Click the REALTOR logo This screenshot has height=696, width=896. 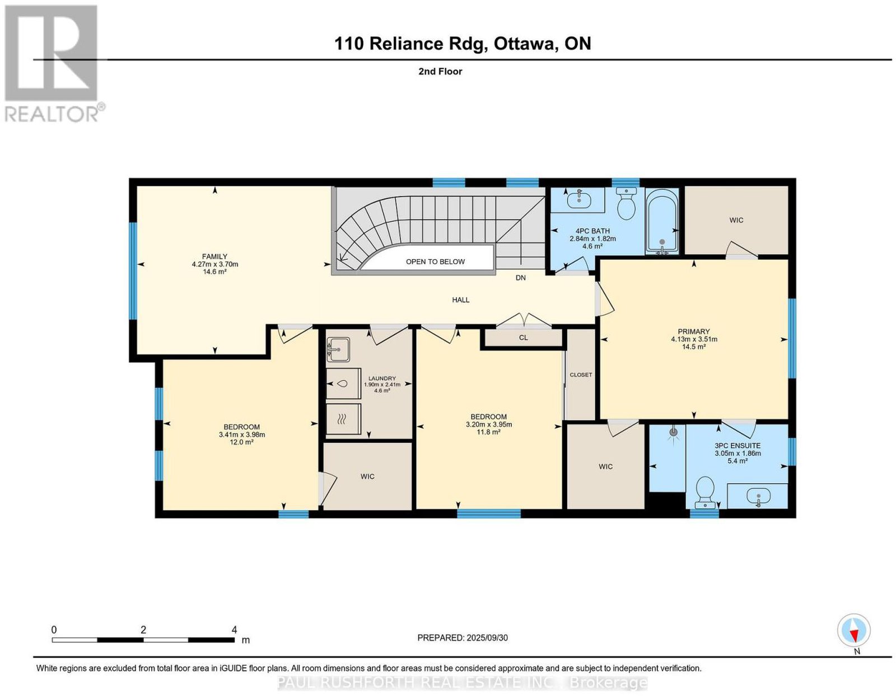coord(54,64)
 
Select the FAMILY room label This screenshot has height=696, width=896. coord(215,256)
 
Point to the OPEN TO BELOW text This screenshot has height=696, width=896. coord(435,261)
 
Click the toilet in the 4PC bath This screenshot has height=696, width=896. coord(627,204)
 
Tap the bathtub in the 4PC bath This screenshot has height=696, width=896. coord(662,222)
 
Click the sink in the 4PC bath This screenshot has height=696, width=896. coord(579,199)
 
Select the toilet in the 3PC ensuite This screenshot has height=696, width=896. coord(704,492)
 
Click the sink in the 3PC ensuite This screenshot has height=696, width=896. coord(758,496)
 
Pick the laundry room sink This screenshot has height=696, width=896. coord(338,349)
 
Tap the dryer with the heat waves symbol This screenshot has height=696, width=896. coord(343,419)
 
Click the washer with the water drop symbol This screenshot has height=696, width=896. coord(343,384)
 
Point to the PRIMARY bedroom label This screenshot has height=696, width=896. coord(693,331)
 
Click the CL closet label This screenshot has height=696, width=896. coord(523,338)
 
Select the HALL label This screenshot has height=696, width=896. coord(460,300)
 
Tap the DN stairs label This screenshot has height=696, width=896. coord(521,278)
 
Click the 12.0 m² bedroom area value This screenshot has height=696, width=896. coord(241,442)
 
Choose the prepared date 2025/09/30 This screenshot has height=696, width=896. coord(487,638)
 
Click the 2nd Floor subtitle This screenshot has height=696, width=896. coord(440,71)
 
